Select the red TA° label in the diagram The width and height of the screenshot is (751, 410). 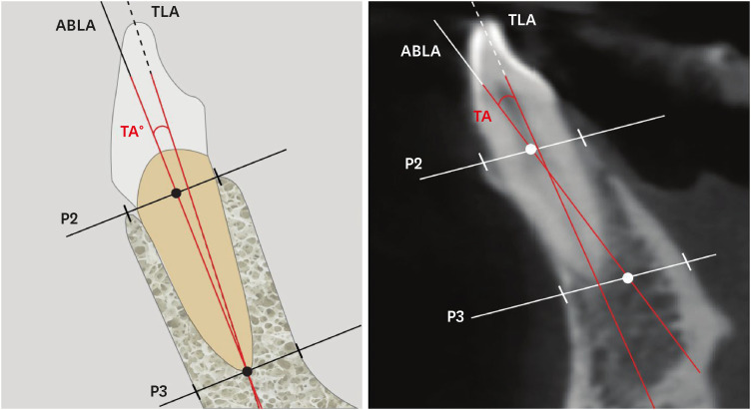(133, 131)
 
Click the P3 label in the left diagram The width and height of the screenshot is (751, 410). (159, 390)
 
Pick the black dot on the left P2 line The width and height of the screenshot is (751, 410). (176, 193)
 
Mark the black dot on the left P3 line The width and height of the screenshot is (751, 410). (247, 371)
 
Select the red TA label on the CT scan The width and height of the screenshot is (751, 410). (483, 117)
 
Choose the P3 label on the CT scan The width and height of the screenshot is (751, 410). (455, 316)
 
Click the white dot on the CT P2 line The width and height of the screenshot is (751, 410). (531, 149)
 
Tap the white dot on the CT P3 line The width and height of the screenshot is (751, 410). (627, 277)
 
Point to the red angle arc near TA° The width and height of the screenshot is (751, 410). (163, 128)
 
